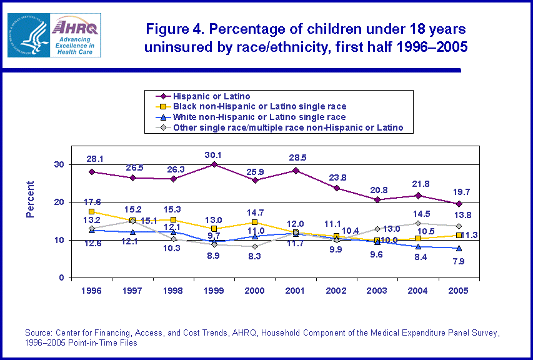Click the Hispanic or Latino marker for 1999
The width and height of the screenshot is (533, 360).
pyautogui.click(x=214, y=164)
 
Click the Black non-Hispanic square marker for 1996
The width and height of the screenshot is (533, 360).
pyautogui.click(x=92, y=212)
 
